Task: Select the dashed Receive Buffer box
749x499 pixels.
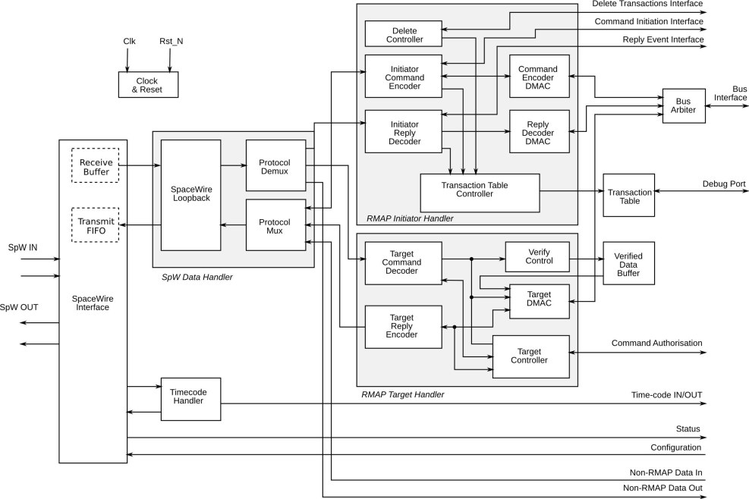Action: click(x=95, y=167)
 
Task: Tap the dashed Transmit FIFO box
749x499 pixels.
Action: click(x=95, y=224)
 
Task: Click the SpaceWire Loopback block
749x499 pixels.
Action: click(x=190, y=195)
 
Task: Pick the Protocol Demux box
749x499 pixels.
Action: click(x=275, y=166)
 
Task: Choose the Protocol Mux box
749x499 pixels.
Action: click(x=275, y=224)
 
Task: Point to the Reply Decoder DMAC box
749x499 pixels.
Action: click(x=538, y=130)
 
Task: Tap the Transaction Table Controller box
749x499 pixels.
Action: click(x=479, y=193)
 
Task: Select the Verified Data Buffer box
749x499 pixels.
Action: click(x=628, y=263)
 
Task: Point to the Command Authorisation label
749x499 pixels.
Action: click(x=656, y=343)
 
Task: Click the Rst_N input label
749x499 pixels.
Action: click(x=171, y=41)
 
